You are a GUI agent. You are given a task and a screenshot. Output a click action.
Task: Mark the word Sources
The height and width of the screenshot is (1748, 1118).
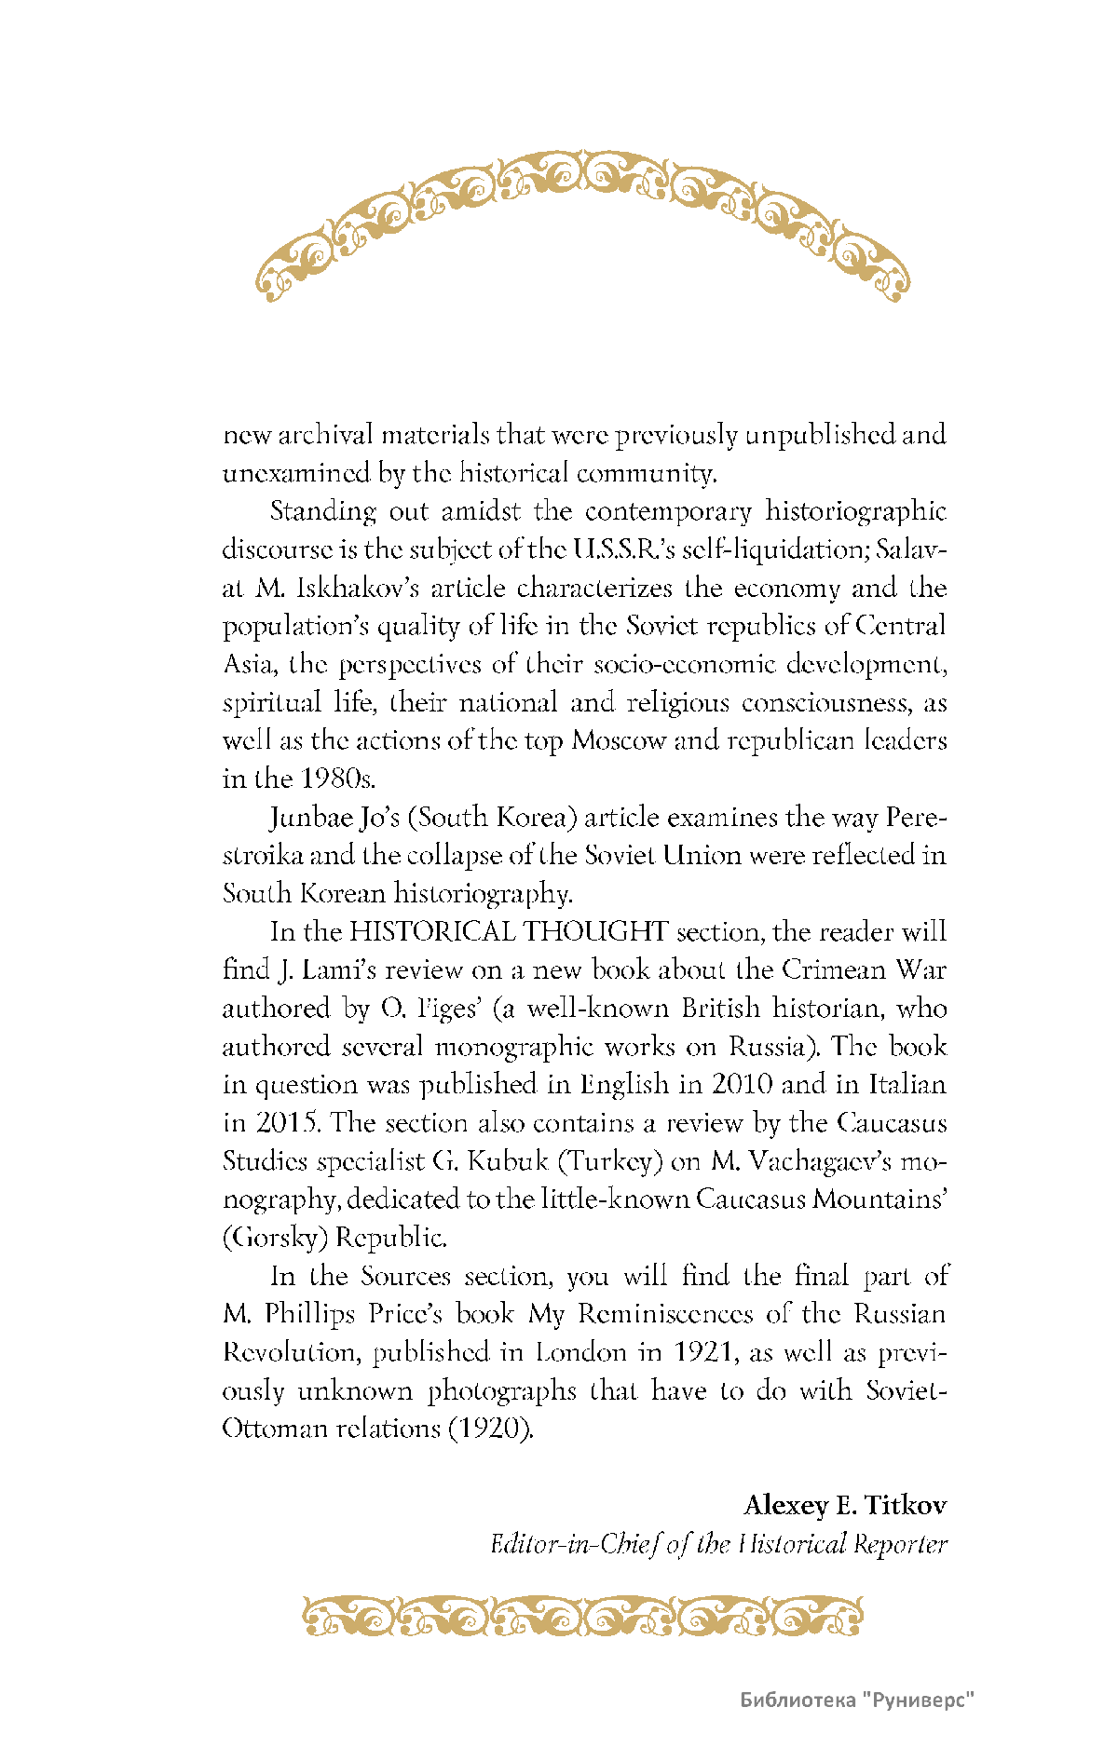tap(405, 1276)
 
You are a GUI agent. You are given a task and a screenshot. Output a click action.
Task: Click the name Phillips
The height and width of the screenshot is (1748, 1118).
tap(309, 1314)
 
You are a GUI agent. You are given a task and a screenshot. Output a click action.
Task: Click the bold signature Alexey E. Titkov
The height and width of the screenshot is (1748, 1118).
tap(844, 1506)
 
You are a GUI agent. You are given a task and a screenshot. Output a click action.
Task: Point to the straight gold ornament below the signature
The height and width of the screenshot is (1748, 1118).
tap(582, 1617)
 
